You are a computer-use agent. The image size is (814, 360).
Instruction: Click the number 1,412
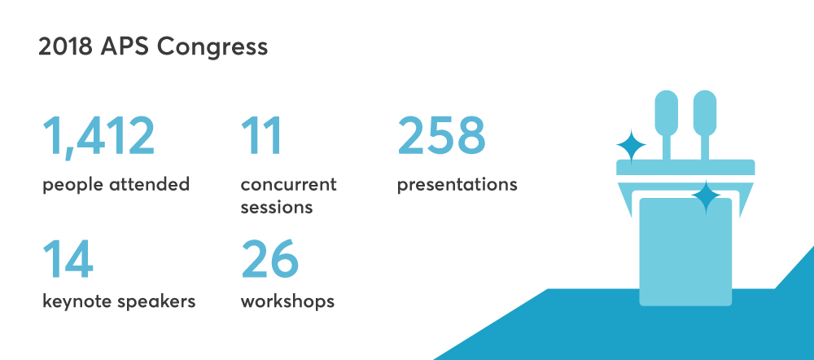coord(98,136)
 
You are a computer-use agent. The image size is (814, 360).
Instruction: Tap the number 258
coord(441,135)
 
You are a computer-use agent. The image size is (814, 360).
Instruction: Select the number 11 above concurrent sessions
coord(261,135)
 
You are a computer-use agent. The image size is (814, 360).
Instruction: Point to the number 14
coord(68,259)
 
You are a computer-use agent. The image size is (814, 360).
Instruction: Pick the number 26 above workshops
coord(270,259)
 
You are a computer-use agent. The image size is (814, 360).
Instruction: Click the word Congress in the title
coord(212,47)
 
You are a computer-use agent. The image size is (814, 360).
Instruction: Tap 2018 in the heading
coord(65,46)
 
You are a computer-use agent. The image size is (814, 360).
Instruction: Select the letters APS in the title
coord(125,46)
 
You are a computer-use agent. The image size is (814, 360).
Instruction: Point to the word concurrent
coord(289,184)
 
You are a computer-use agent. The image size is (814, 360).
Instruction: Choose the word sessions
coord(277,207)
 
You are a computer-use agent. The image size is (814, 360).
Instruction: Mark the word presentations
coord(457,185)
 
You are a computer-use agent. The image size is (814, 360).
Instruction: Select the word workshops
coord(287,301)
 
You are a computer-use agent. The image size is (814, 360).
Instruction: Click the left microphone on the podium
coord(667,125)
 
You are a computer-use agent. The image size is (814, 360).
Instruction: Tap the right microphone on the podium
coord(705,125)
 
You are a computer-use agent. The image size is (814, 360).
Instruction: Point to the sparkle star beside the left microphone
coord(632,146)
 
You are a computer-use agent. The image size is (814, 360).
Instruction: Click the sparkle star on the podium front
coord(706,196)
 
